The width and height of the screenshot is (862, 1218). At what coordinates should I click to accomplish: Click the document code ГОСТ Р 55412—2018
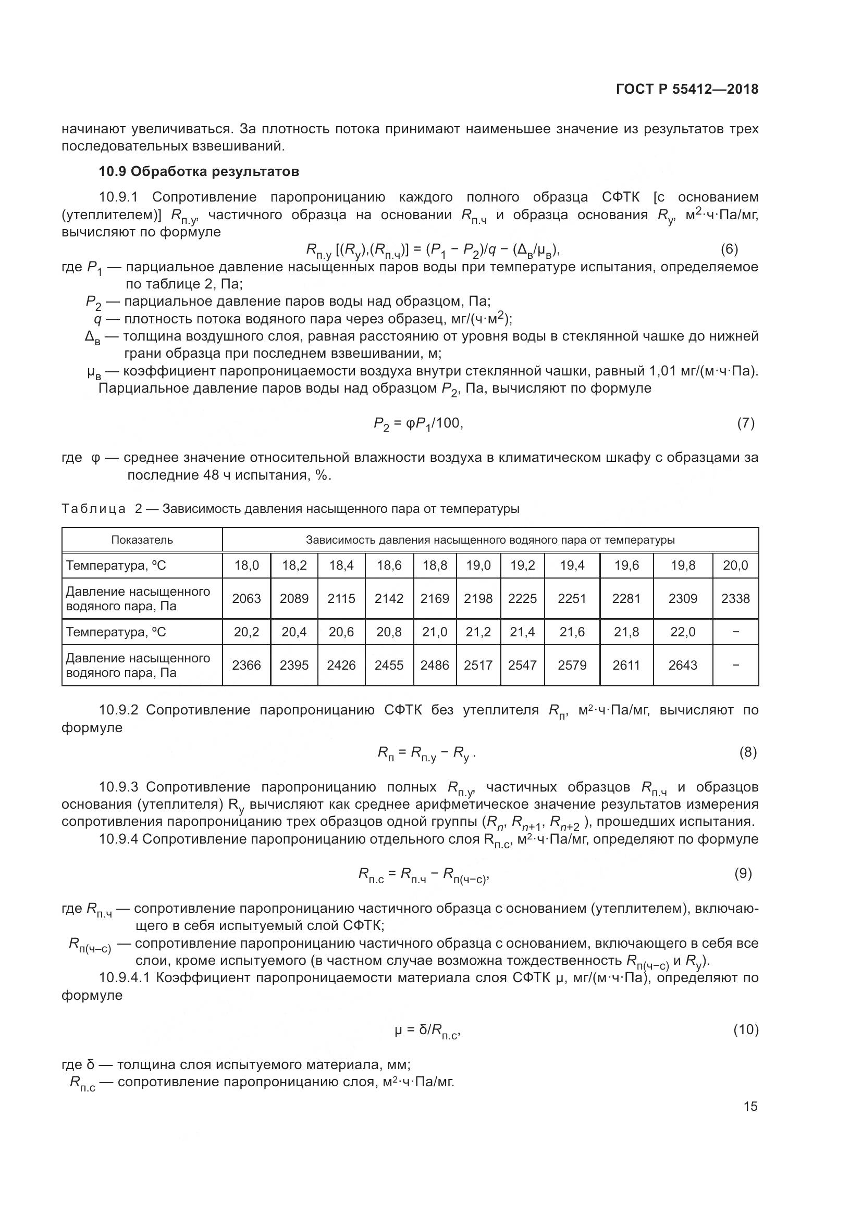[687, 89]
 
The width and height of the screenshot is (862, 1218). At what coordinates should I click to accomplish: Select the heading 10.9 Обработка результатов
[199, 171]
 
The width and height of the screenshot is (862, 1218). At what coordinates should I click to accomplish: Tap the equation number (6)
[729, 248]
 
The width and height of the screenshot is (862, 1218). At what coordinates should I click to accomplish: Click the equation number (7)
[745, 423]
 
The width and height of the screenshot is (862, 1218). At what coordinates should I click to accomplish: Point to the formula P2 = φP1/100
[418, 423]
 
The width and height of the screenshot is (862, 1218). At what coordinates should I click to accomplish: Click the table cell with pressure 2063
[247, 598]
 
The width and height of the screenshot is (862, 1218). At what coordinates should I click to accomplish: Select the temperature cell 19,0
[478, 566]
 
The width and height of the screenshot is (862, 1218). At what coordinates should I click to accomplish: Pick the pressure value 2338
[735, 598]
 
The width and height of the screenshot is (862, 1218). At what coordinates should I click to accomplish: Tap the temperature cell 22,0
[683, 632]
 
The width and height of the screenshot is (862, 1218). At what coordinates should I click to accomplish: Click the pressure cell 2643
[683, 665]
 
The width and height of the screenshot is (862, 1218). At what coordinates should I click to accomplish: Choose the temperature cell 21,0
[435, 632]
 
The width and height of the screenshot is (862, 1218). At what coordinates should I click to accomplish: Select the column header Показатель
[142, 540]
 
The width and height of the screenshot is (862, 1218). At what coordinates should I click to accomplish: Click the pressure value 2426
[341, 665]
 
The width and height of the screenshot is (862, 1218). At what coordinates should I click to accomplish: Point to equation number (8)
[747, 752]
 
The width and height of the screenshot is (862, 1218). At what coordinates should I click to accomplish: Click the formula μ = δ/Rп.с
[427, 1031]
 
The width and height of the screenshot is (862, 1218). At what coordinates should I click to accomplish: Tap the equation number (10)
[745, 1029]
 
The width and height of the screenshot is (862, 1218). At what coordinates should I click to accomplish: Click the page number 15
[750, 1106]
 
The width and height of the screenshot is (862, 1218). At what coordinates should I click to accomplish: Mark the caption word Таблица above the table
[93, 509]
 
